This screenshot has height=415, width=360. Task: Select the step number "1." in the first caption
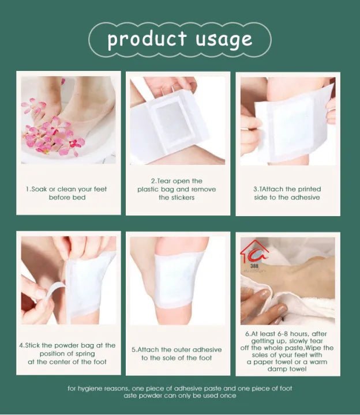pos(28,189)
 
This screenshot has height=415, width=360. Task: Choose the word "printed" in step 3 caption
pos(308,189)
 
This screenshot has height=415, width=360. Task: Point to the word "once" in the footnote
pos(226,395)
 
